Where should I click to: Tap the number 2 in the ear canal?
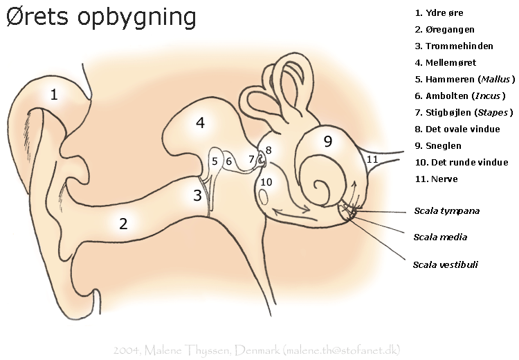pos(123,224)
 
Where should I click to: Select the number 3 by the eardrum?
pos(197,195)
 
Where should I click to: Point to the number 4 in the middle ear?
pos(200,123)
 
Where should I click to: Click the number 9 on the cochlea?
pos(328,141)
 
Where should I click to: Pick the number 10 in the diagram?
pos(266,182)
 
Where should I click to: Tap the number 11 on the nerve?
pos(372,159)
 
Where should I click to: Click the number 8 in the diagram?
pos(268,150)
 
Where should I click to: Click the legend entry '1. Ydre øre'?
pos(439,13)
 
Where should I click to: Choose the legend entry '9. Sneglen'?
pos(438,146)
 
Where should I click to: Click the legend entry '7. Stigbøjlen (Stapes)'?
pos(464,113)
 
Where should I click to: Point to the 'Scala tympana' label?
pos(446,210)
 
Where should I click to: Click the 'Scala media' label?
pos(440,237)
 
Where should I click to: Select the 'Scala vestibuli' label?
pos(445,264)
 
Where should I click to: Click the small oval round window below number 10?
pos(264,197)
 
